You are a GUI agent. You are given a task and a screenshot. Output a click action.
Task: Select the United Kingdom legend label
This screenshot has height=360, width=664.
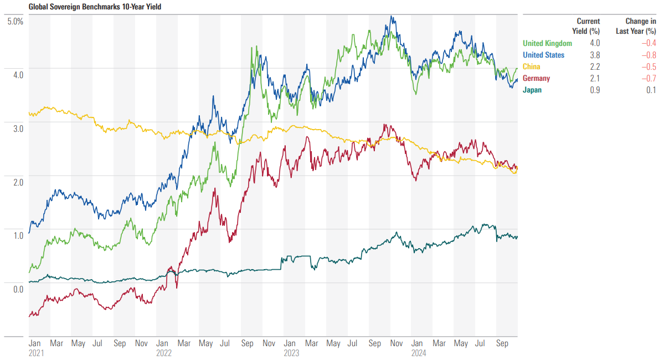547,43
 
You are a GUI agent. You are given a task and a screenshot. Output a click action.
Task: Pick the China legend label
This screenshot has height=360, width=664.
532,66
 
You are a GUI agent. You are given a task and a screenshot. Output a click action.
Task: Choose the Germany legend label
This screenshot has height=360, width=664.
536,78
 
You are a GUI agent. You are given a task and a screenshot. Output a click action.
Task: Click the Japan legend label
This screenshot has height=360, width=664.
532,90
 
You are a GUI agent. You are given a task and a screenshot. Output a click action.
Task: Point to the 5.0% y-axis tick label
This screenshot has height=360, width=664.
14,21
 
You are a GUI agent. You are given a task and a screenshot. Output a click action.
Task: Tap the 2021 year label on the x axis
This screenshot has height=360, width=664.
37,352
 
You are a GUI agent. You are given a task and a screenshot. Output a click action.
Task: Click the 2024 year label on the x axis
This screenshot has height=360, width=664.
419,352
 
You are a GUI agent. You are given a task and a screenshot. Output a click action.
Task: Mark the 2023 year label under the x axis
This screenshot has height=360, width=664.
292,352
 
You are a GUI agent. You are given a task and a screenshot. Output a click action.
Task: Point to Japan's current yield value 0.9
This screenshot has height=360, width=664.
595,90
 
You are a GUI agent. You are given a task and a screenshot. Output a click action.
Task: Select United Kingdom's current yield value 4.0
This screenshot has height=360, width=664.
595,43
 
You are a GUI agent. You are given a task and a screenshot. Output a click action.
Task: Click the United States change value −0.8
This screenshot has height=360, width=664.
649,55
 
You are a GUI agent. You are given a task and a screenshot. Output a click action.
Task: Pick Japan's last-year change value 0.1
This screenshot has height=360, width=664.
651,90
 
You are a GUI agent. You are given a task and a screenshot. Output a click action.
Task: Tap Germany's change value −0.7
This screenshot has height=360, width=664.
649,78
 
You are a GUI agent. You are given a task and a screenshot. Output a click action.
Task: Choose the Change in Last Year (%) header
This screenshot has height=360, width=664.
636,26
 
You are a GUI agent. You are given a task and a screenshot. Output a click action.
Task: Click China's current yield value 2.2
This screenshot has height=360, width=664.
595,66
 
